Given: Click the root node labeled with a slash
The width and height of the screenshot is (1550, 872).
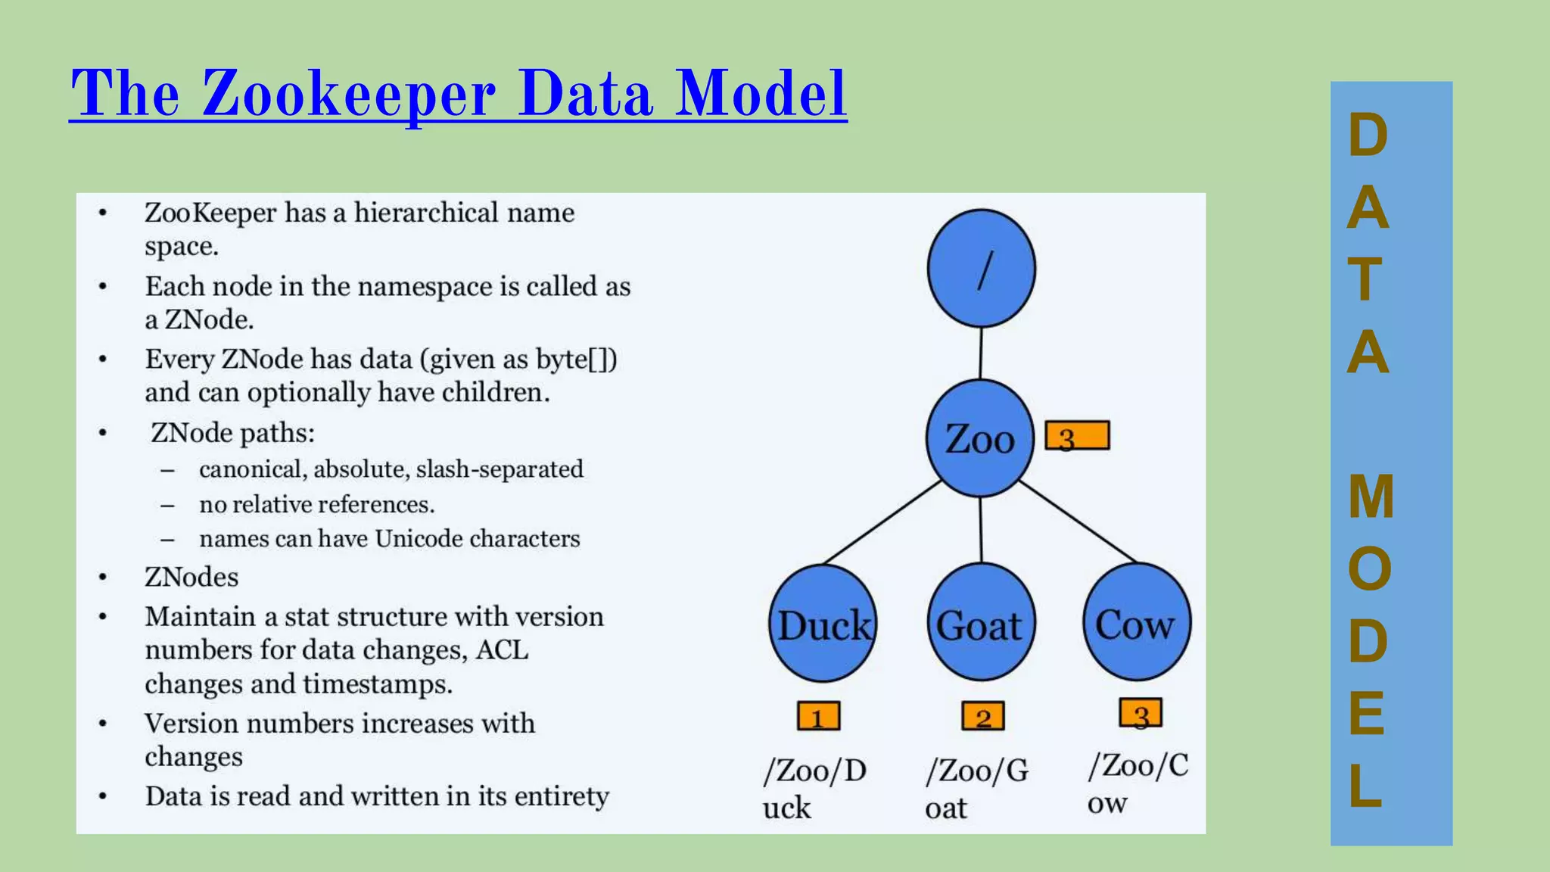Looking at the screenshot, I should pyautogui.click(x=981, y=269).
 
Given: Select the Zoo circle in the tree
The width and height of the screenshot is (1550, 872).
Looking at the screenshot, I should pyautogui.click(x=980, y=439).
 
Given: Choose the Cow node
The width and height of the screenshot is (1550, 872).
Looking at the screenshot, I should pyautogui.click(x=1136, y=623).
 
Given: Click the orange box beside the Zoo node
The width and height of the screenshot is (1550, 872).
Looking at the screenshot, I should pyautogui.click(x=1077, y=436).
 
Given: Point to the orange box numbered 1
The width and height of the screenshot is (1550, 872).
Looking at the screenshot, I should pyautogui.click(x=818, y=716).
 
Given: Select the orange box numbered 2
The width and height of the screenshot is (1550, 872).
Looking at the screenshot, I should pyautogui.click(x=982, y=716).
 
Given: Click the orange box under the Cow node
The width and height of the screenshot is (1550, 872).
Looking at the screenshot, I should pyautogui.click(x=1141, y=713).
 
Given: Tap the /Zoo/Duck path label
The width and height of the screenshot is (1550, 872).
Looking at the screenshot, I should pyautogui.click(x=814, y=788).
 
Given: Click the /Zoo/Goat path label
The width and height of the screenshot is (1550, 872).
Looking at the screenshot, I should pyautogui.click(x=976, y=788).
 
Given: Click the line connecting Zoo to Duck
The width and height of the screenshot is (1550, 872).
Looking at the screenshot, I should pyautogui.click(x=882, y=522).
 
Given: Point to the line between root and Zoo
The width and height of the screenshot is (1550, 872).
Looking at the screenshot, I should pyautogui.click(x=981, y=353).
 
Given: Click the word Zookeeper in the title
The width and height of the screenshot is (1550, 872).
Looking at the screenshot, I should pyautogui.click(x=348, y=94).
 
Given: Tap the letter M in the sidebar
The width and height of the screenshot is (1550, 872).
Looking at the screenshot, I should pyautogui.click(x=1370, y=497).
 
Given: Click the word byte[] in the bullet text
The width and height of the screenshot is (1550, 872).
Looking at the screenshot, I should pyautogui.click(x=576, y=359).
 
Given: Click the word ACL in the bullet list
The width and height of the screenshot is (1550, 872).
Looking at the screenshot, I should pyautogui.click(x=502, y=650).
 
